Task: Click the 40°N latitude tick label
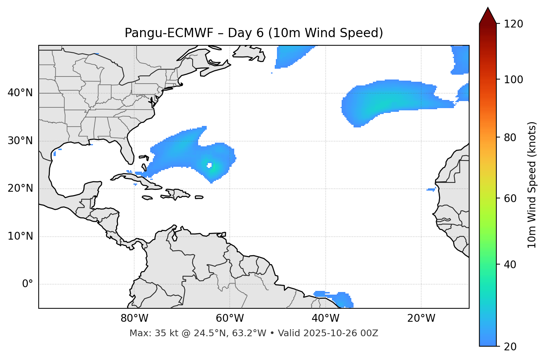20,93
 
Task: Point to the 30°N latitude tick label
20,141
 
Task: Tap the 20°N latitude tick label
20,188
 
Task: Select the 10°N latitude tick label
20,236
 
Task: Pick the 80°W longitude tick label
134,318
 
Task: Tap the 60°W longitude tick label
230,318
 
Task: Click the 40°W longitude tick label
325,318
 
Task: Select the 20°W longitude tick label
421,318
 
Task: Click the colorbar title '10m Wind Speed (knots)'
532,185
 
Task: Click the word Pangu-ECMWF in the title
169,33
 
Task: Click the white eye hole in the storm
210,165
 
